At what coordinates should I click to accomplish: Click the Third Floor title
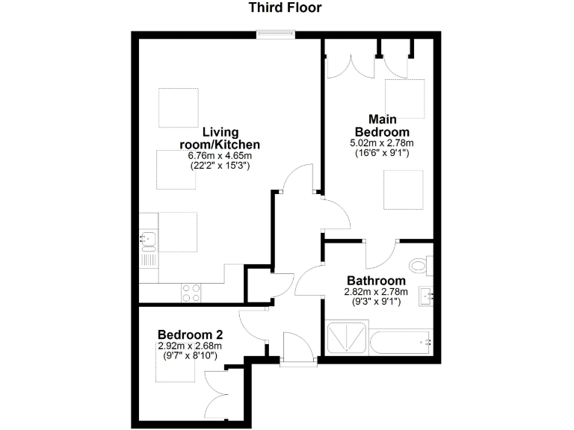point(286,8)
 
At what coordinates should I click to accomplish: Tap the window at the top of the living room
point(274,33)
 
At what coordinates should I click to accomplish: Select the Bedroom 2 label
point(190,334)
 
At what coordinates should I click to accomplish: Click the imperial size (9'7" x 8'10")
point(190,356)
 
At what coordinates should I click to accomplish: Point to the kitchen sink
point(148,240)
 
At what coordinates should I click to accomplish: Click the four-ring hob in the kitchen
point(191,293)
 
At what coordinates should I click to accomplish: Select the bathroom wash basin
point(428,296)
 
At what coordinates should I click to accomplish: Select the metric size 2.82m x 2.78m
point(371,293)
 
